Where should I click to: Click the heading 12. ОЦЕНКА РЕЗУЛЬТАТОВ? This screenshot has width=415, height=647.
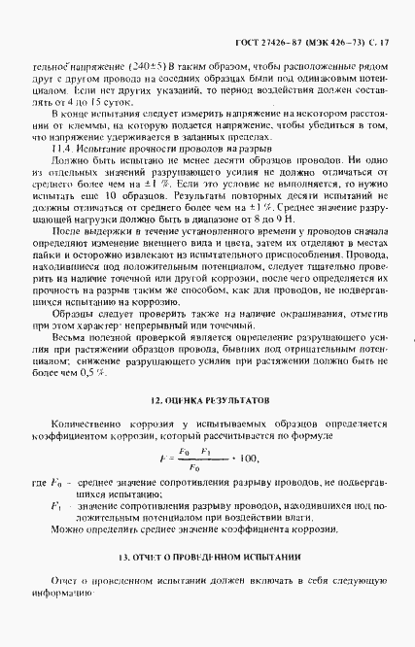click(x=207, y=372)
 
